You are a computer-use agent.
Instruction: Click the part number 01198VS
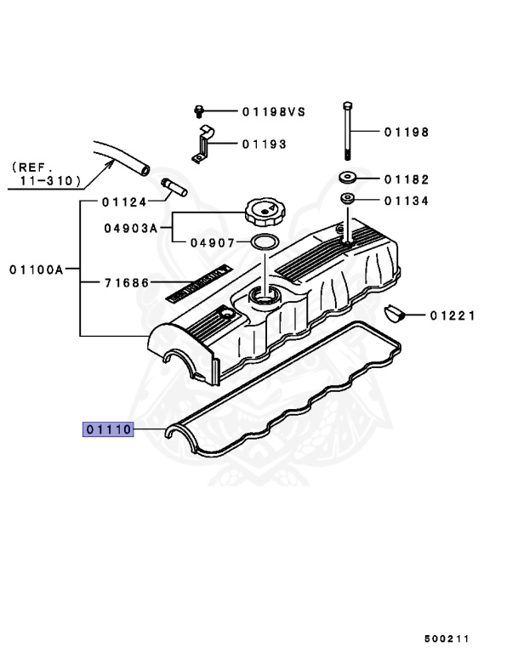[272, 111]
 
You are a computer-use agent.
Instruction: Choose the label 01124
[123, 202]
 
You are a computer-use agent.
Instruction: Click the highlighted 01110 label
[107, 429]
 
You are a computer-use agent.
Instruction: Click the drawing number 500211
[447, 637]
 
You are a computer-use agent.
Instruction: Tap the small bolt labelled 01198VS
[198, 111]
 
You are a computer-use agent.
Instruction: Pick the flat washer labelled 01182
[346, 179]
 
